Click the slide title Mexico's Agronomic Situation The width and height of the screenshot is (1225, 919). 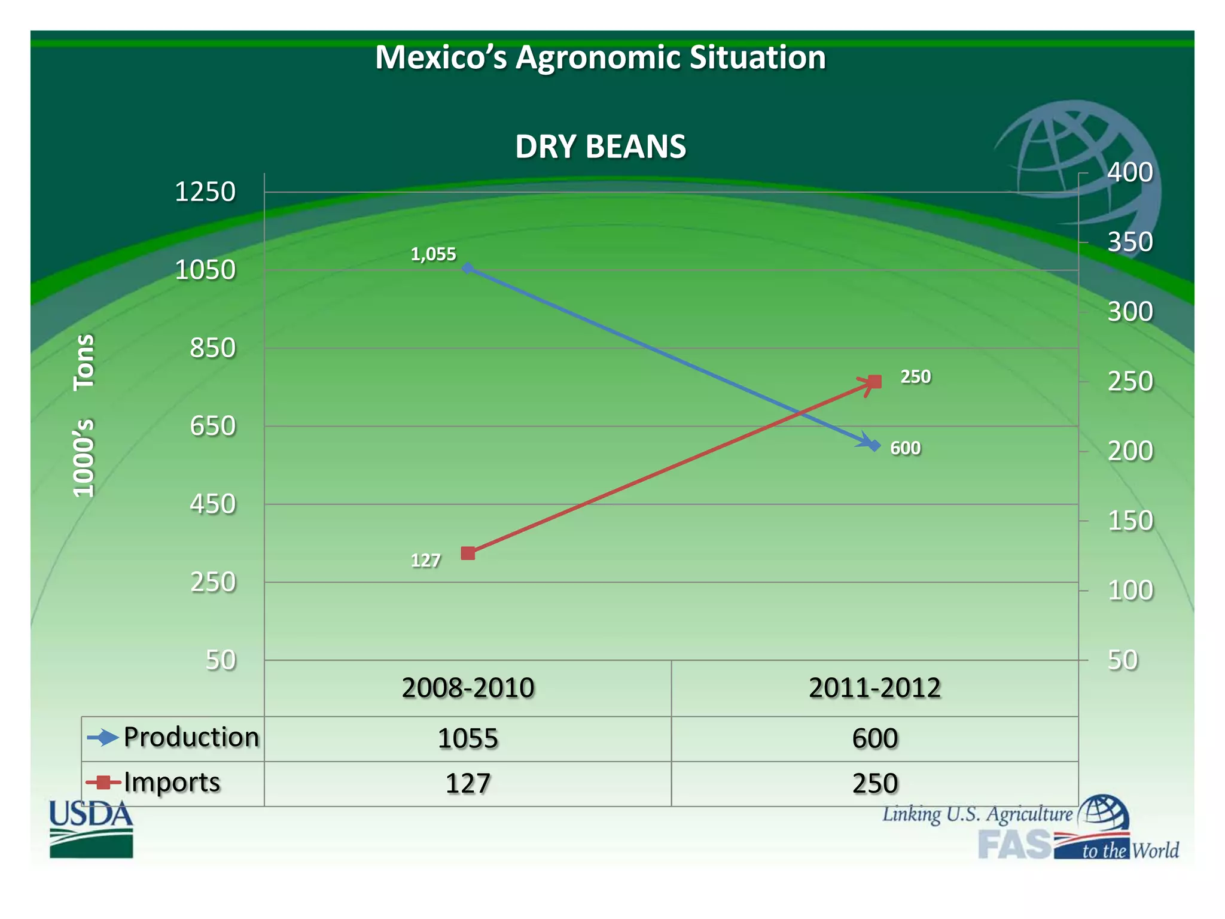600,57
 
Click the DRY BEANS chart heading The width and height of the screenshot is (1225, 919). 600,147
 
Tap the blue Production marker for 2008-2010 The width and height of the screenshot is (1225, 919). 468,269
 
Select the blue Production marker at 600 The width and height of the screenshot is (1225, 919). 874,446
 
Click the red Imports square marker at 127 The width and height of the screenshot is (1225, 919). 468,553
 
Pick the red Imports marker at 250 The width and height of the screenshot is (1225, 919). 874,382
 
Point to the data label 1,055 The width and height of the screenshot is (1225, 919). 433,254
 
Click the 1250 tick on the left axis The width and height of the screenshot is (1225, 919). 205,192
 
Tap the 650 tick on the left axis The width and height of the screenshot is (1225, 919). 213,427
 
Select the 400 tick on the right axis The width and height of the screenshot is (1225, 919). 1130,172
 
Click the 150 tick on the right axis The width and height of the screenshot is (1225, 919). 1130,521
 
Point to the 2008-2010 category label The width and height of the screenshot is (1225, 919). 468,688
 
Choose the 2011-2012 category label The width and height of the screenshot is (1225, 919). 874,688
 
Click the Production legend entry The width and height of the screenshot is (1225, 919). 191,737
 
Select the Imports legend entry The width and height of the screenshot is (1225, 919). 172,782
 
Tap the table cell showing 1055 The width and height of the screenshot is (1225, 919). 468,738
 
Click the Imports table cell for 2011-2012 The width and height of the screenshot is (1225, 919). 874,783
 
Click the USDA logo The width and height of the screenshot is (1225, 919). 91,829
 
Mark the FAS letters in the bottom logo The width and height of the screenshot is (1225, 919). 1014,844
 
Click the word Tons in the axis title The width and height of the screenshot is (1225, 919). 84,362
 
